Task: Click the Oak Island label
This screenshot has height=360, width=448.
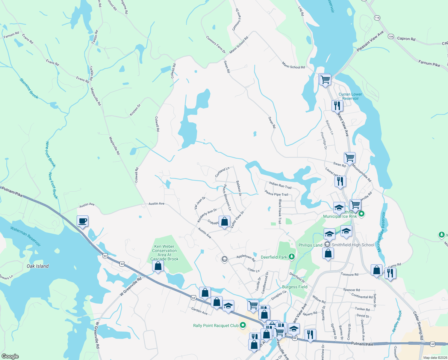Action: [37, 266]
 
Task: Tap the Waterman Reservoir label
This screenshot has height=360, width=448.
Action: [25, 236]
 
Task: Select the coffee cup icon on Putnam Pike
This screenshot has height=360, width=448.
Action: [82, 221]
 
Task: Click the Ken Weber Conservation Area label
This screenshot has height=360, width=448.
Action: [164, 253]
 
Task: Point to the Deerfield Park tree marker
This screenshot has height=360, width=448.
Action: [292, 257]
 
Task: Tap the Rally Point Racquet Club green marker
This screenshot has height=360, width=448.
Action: [243, 325]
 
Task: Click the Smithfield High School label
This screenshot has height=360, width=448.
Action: [353, 245]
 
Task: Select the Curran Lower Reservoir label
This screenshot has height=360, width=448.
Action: [350, 96]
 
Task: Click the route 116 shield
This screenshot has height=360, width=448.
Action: [377, 18]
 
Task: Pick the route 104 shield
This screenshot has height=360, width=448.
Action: [391, 36]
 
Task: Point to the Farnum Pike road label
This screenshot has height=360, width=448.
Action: [429, 64]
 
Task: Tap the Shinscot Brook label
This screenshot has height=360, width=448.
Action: [29, 88]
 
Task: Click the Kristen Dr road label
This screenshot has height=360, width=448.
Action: [135, 110]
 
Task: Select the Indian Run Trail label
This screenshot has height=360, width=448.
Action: [280, 185]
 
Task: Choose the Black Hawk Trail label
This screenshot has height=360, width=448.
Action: [280, 211]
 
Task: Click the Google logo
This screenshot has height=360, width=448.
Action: [10, 356]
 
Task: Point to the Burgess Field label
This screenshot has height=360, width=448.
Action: [295, 287]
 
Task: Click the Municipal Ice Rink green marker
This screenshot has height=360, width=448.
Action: [361, 214]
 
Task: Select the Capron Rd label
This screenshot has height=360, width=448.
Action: [406, 39]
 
